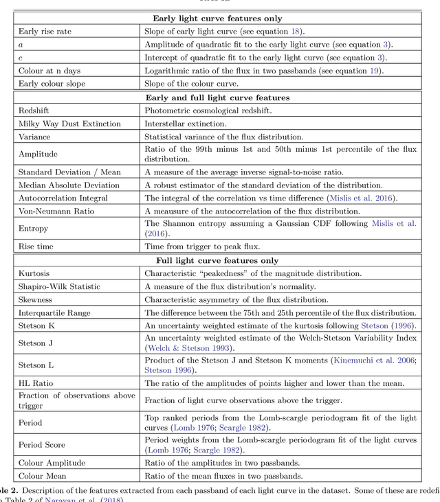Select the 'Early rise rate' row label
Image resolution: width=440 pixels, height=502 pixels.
[45, 32]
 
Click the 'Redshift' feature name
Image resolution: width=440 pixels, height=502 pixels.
[34, 111]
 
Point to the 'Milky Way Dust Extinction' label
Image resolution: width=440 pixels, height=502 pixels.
[69, 124]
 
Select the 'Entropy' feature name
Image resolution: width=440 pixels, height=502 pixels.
[34, 228]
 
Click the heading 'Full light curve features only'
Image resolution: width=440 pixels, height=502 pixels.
[217, 260]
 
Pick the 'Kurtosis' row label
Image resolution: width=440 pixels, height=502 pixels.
[34, 273]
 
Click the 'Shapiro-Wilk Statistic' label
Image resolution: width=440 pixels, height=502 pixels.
[63, 286]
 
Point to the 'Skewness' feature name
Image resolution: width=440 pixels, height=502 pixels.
[36, 299]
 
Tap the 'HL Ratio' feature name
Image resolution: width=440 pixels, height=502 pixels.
[36, 383]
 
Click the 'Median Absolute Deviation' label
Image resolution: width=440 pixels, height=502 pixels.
[69, 185]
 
